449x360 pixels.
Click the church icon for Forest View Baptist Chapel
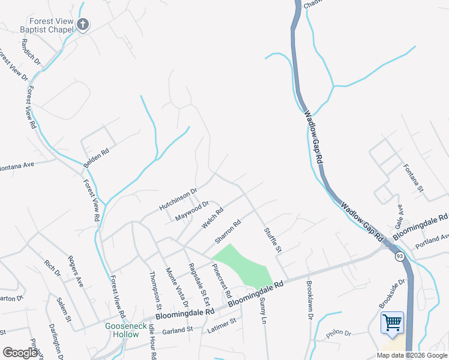point(83,25)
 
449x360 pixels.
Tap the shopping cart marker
point(392,323)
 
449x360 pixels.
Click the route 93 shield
point(399,256)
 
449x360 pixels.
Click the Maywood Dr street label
point(191,211)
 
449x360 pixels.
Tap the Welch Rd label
point(212,218)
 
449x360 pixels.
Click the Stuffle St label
point(273,239)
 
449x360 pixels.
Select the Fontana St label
point(414,178)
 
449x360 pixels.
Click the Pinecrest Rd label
point(222,281)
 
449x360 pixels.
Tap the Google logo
point(20,353)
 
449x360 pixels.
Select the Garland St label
point(176,329)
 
